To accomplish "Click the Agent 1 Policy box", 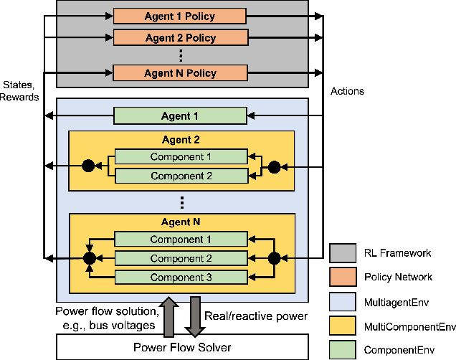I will pos(180,15).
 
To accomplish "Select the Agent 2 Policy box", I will pos(180,37).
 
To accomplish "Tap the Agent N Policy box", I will pos(180,73).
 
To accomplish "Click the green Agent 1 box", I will pos(180,115).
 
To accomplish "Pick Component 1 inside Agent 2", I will pos(180,156).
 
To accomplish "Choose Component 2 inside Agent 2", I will pos(180,176).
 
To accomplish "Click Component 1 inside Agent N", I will pos(180,240).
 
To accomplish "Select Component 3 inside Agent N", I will pos(180,276).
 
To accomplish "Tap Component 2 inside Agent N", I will pos(180,258).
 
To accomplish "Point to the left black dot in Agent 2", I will pos(89,166).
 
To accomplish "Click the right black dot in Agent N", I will pos(272,257).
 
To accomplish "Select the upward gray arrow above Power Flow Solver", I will pos(170,318).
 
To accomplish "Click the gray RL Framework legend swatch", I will pos(343,253).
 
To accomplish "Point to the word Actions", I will pos(347,91).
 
